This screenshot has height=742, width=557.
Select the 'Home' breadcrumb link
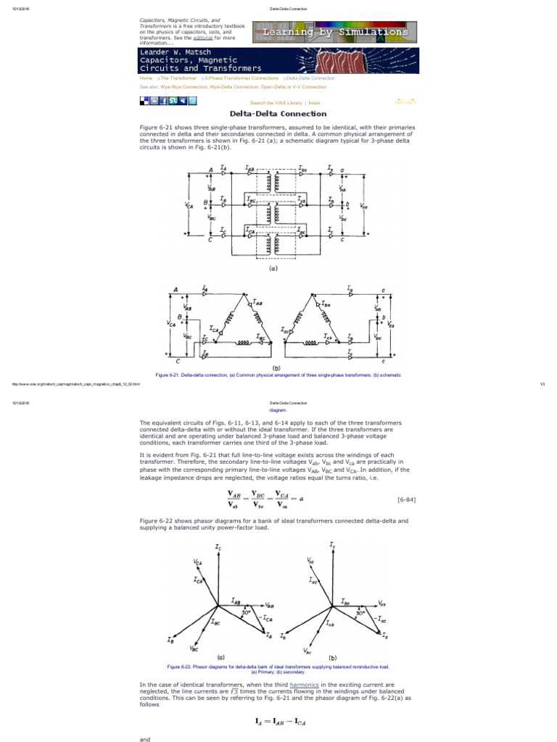(x=146, y=78)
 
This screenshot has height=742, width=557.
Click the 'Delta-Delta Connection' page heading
(x=278, y=114)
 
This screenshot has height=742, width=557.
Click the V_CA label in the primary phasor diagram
(x=198, y=562)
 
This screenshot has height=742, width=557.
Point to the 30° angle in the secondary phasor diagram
(x=360, y=612)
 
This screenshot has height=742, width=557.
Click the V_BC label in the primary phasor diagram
(x=194, y=648)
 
